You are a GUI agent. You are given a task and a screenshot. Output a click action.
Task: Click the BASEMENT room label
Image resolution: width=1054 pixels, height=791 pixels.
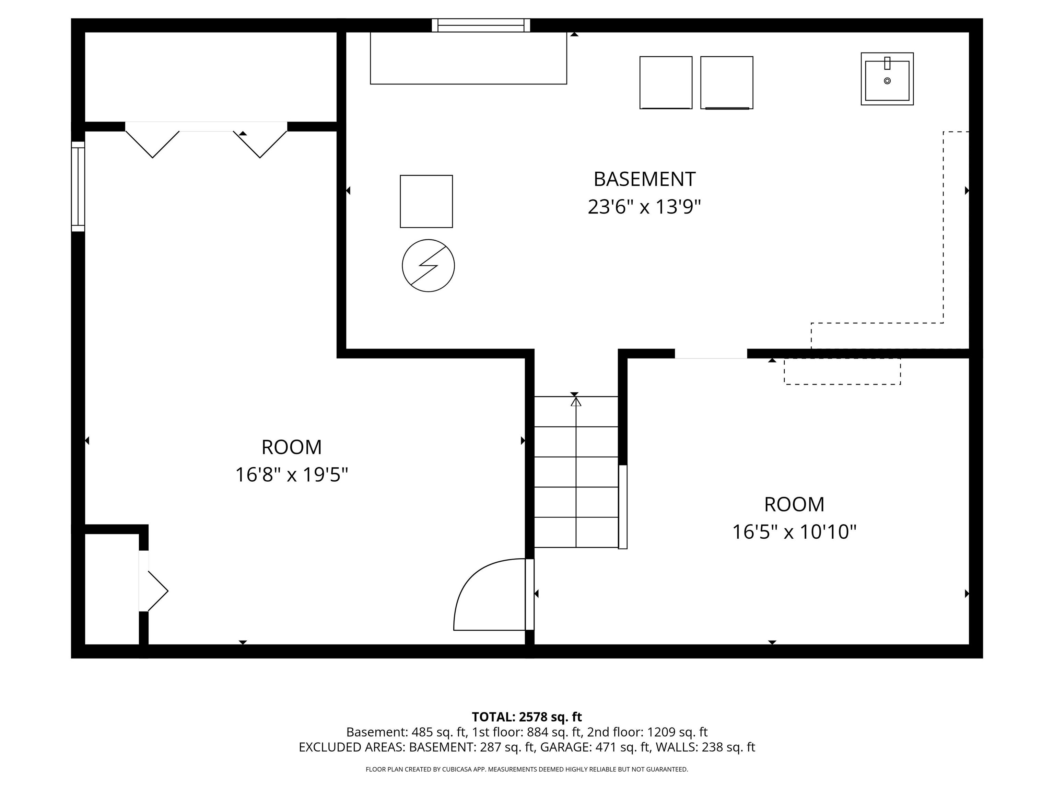coord(644,179)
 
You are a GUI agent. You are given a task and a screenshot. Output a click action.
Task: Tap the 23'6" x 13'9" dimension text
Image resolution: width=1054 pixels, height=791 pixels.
coord(644,207)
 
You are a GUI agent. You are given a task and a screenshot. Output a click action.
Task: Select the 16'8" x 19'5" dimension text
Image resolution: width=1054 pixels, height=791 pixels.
coord(292,475)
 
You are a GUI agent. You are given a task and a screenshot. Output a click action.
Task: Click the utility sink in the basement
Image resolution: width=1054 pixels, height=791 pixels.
coord(887,79)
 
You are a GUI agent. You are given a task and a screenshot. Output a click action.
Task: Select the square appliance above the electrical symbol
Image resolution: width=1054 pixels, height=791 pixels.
coord(426,201)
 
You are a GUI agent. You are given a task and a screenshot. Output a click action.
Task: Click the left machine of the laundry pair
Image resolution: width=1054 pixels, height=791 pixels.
coord(666,82)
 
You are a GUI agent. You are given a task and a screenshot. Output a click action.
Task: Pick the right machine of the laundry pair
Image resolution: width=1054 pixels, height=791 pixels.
coord(727,82)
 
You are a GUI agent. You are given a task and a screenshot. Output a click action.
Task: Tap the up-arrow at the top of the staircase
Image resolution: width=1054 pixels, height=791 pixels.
coord(576,401)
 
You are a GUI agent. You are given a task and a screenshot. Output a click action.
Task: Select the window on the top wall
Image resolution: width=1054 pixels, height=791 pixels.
coord(481,25)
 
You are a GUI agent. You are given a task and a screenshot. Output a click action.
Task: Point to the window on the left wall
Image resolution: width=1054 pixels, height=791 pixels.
coord(78,186)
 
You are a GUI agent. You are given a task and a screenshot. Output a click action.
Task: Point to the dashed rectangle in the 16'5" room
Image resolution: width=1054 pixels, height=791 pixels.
coord(842,371)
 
